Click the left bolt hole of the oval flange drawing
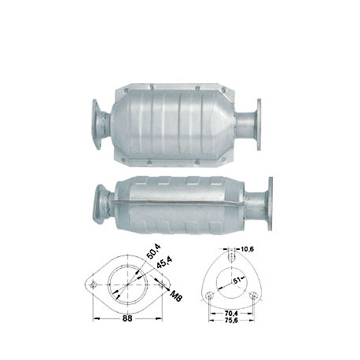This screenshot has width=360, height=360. pyautogui.click(x=94, y=284)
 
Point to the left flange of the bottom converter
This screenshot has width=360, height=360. pyautogui.click(x=98, y=203)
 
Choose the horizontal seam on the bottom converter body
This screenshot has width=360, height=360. pyautogui.click(x=181, y=206)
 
